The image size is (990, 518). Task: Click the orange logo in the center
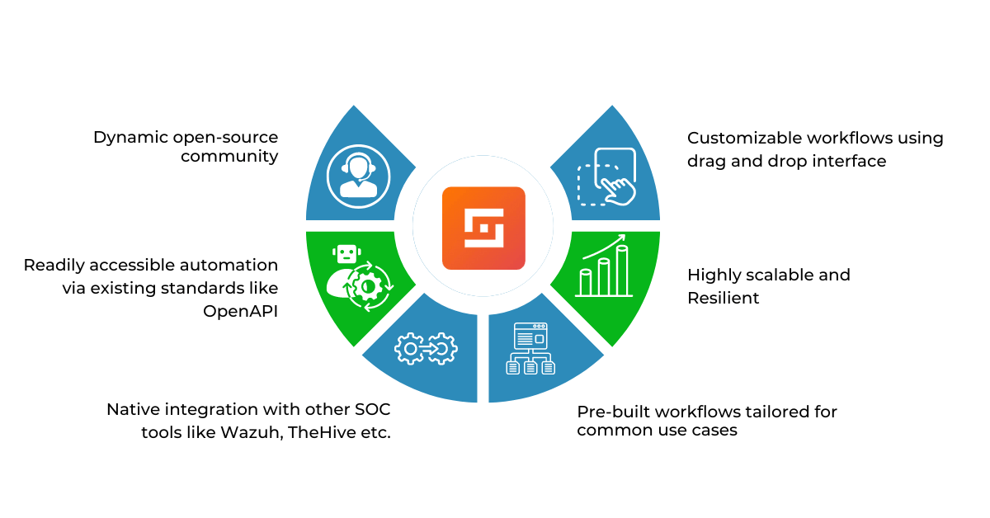[x=483, y=228]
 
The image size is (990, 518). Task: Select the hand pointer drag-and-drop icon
[x=607, y=177]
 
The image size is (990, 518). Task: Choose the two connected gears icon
[x=426, y=349]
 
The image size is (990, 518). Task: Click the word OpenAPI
[x=240, y=311]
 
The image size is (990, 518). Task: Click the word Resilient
[x=724, y=298]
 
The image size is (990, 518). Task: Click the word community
[x=229, y=156]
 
